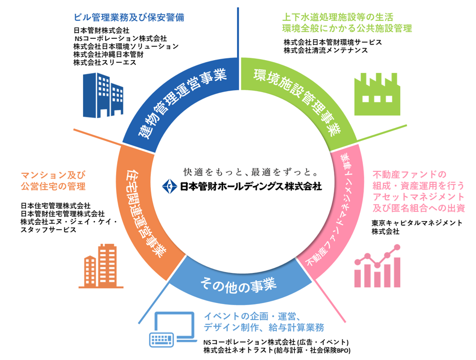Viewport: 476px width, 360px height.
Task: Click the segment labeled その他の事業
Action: pos(239,284)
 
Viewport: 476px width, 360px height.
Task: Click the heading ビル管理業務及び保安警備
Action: pos(129,17)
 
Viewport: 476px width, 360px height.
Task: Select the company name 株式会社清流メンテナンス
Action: pos(326,50)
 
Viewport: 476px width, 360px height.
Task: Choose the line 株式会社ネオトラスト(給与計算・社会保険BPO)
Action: pos(277,351)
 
